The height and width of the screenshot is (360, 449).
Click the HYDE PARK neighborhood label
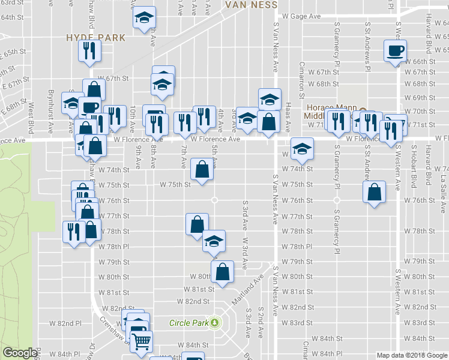(96, 37)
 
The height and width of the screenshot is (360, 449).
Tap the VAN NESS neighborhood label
(251, 5)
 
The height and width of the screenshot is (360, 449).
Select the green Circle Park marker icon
(214, 323)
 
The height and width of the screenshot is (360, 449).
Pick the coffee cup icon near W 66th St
(395, 51)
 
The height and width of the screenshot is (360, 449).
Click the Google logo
(20, 353)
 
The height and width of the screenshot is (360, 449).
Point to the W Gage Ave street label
(298, 17)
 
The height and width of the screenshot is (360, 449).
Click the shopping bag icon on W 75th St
(201, 169)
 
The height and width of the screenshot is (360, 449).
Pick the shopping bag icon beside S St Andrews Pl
(374, 193)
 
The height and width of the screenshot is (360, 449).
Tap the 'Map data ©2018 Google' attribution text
(412, 355)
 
